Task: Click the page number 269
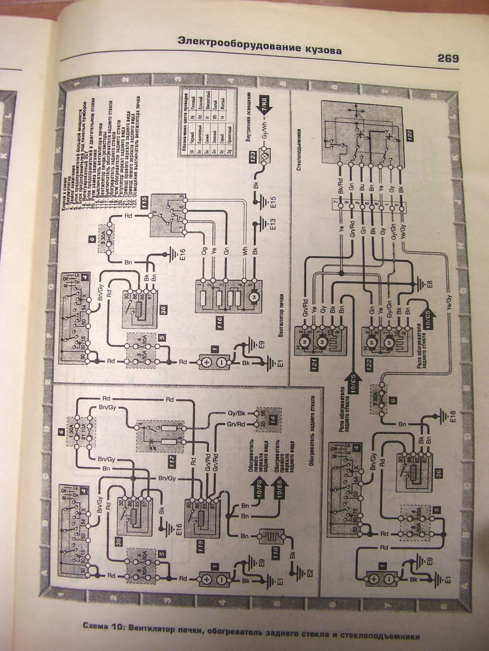[x=448, y=59]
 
